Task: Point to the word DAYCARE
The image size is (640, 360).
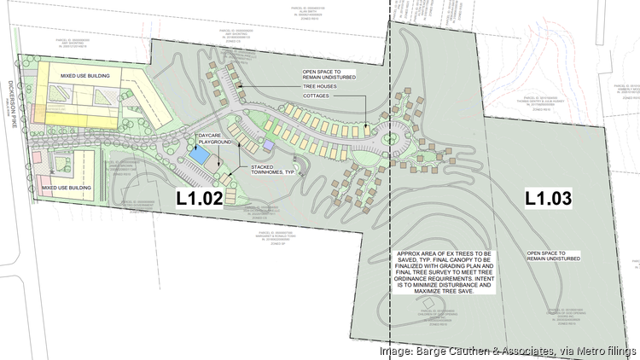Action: point(211,136)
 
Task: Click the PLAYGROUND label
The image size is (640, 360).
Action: point(214,143)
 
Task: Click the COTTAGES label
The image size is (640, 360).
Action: point(317,96)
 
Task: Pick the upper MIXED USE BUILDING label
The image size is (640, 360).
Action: point(86,76)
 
